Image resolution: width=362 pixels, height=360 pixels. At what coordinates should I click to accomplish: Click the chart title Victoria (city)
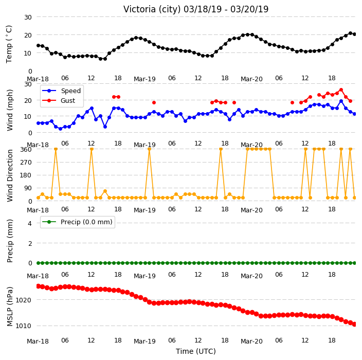(152, 9)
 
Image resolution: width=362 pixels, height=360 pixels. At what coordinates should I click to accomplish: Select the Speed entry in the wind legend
(61, 91)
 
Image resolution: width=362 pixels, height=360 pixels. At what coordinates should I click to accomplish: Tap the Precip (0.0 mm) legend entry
(78, 222)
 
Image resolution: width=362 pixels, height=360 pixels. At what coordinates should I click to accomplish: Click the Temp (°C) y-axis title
(9, 44)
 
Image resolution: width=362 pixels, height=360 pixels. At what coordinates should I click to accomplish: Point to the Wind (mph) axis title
(9, 110)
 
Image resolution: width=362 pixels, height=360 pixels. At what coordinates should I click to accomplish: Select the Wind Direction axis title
(9, 176)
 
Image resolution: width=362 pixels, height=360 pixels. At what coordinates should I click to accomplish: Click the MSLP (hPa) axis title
(9, 307)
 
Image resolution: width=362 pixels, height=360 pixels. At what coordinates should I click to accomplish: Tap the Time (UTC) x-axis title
(196, 351)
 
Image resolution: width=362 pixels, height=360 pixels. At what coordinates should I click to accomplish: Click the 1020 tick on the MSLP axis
(23, 300)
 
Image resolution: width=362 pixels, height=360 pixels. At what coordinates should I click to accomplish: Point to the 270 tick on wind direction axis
(26, 163)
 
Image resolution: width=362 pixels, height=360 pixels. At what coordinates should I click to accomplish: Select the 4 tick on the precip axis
(30, 223)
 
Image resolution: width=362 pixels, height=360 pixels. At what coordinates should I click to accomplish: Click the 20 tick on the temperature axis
(28, 35)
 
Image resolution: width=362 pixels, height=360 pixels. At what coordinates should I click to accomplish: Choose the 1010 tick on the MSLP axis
(23, 326)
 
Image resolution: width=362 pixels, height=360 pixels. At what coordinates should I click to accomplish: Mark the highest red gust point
(341, 90)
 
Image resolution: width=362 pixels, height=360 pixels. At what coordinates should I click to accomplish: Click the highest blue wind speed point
(341, 101)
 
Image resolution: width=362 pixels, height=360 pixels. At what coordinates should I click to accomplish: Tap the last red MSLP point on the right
(355, 324)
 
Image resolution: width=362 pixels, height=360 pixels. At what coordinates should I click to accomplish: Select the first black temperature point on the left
(39, 45)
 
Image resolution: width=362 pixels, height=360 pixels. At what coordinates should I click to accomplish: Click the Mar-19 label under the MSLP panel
(145, 341)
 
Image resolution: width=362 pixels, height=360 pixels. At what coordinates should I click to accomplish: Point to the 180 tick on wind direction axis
(26, 175)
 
